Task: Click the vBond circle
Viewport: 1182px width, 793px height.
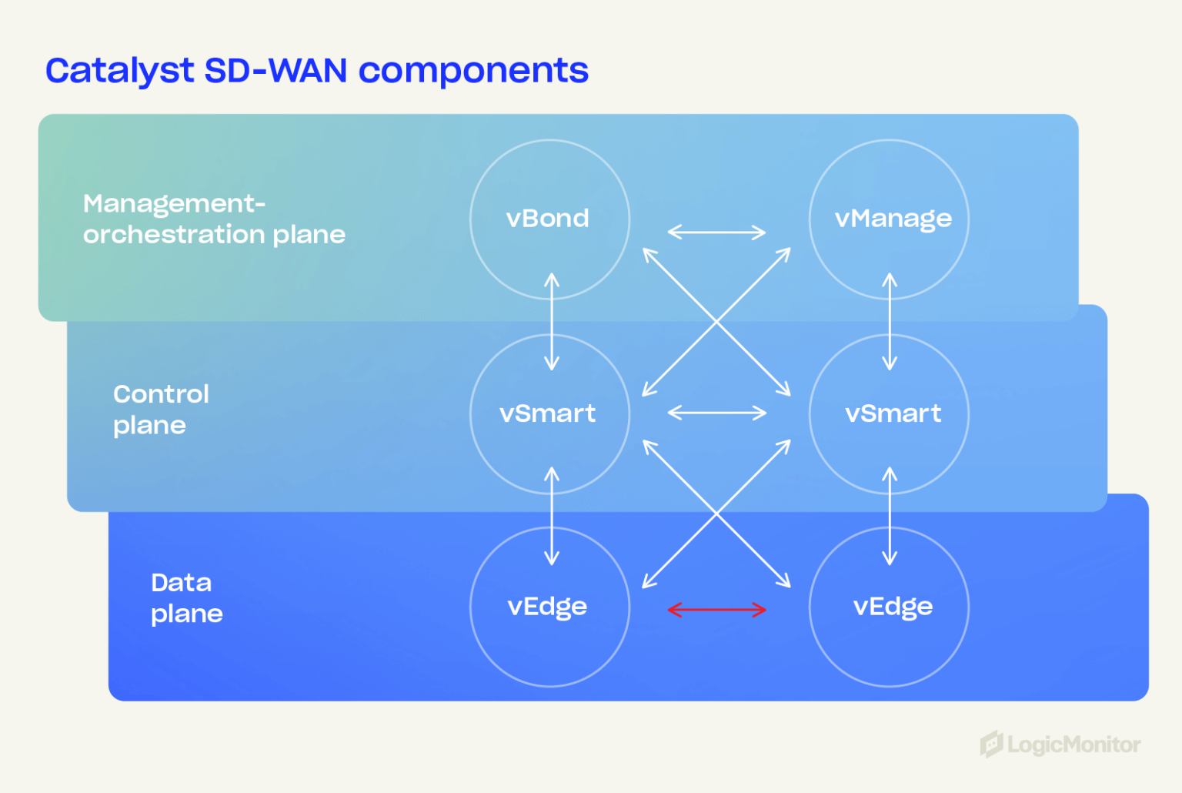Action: pyautogui.click(x=549, y=219)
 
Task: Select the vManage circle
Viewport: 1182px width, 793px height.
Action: pyautogui.click(x=889, y=219)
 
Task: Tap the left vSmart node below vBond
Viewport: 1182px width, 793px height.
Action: pyautogui.click(x=549, y=414)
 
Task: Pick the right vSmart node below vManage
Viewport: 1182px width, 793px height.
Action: pyautogui.click(x=889, y=414)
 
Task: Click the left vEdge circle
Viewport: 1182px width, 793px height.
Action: pyautogui.click(x=549, y=607)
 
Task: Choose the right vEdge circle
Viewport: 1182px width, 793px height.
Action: pyautogui.click(x=889, y=607)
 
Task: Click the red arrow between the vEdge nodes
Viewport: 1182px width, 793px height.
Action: pyautogui.click(x=716, y=610)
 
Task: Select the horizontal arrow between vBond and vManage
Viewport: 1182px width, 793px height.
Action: pyautogui.click(x=716, y=232)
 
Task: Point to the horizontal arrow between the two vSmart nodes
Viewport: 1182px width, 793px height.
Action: pyautogui.click(x=716, y=413)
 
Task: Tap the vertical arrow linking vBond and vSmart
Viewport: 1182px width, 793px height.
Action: pyautogui.click(x=552, y=321)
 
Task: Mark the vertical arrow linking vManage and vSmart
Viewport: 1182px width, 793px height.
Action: pyautogui.click(x=890, y=321)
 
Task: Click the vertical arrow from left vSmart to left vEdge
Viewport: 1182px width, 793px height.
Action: pyautogui.click(x=552, y=516)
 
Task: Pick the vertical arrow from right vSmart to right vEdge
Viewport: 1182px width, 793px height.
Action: pyautogui.click(x=890, y=516)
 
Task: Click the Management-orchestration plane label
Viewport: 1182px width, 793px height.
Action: pyautogui.click(x=214, y=219)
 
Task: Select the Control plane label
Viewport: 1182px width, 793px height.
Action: pyautogui.click(x=161, y=410)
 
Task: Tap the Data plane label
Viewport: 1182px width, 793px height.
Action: pyautogui.click(x=186, y=598)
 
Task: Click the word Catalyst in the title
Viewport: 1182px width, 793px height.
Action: pyautogui.click(x=119, y=71)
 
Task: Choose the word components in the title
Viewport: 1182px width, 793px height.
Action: pyautogui.click(x=473, y=71)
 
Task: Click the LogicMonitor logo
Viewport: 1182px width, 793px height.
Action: pyautogui.click(x=1060, y=744)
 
